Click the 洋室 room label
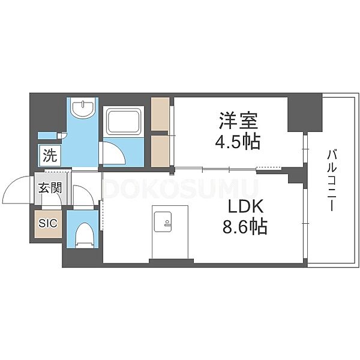239,120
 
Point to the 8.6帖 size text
245,226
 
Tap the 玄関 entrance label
50,188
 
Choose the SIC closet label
48,223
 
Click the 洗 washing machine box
50,155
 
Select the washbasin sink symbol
83,109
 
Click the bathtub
124,122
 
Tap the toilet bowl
85,235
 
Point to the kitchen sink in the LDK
163,221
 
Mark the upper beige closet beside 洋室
160,114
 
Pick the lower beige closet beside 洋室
160,151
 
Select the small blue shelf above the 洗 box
47,136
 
